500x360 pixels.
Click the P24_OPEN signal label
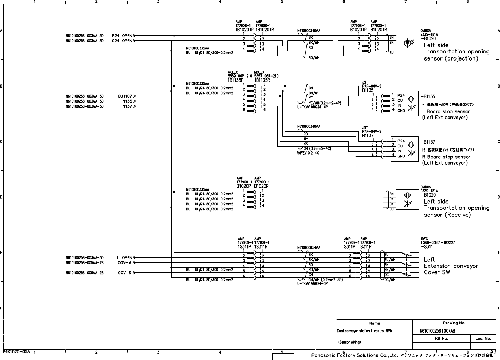point(122,36)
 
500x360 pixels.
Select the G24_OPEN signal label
point(122,41)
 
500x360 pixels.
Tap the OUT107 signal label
point(125,96)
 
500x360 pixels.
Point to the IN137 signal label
point(127,106)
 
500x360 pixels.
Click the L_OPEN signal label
point(124,257)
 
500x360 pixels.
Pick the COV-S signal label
point(125,273)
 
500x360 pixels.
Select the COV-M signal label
point(125,263)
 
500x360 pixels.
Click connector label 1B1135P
point(236,80)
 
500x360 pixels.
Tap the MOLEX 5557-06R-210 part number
point(266,76)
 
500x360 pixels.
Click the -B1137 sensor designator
point(428,142)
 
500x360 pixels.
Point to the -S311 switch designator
point(427,246)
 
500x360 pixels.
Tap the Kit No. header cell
point(442,339)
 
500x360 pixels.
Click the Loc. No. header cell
point(483,339)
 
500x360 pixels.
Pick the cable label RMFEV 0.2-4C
point(308,153)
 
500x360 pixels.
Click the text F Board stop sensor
point(446,111)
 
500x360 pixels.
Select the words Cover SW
point(437,272)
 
